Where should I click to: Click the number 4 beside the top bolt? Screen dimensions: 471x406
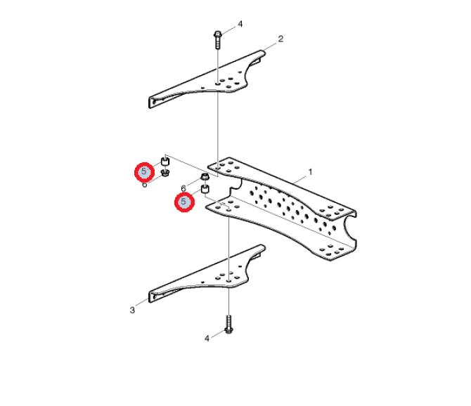240,24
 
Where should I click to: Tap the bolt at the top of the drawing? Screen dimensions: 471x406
217,39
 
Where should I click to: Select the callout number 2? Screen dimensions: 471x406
280,39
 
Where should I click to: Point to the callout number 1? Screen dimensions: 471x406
310,172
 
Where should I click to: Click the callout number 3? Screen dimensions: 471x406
132,310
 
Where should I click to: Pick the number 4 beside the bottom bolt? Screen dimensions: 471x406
207,339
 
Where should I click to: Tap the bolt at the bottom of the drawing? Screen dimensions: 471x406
229,325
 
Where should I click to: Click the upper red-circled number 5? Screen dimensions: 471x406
144,171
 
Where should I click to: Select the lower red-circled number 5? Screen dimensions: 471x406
183,202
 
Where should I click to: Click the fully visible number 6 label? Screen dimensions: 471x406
183,188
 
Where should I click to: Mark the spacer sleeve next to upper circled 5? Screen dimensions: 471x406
165,161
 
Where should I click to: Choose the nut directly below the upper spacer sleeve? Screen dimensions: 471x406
165,173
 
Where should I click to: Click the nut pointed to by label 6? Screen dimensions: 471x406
205,177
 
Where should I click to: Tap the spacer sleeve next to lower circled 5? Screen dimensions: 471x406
205,190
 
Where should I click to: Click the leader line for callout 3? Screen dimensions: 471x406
142,303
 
